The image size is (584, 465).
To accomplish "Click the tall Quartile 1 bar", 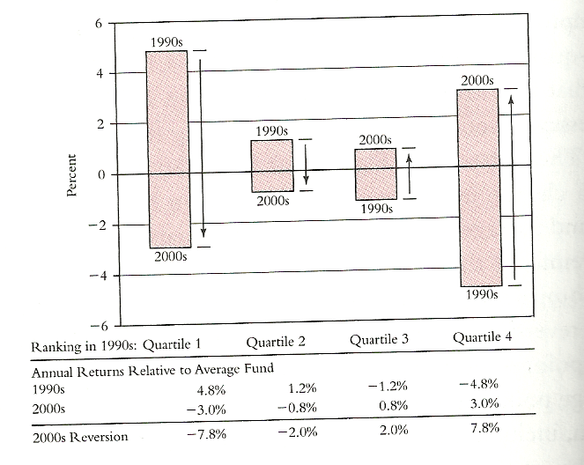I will coord(166,150).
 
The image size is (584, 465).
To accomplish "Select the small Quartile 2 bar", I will coord(271,166).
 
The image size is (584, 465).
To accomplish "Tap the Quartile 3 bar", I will coord(375,174).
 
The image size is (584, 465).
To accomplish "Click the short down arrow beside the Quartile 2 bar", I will coord(306,164).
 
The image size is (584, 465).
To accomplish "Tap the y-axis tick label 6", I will coord(98,24).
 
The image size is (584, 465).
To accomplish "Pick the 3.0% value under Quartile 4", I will coord(483,403).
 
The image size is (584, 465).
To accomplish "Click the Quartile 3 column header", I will coord(380,340).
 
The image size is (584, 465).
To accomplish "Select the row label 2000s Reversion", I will coord(79,437).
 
